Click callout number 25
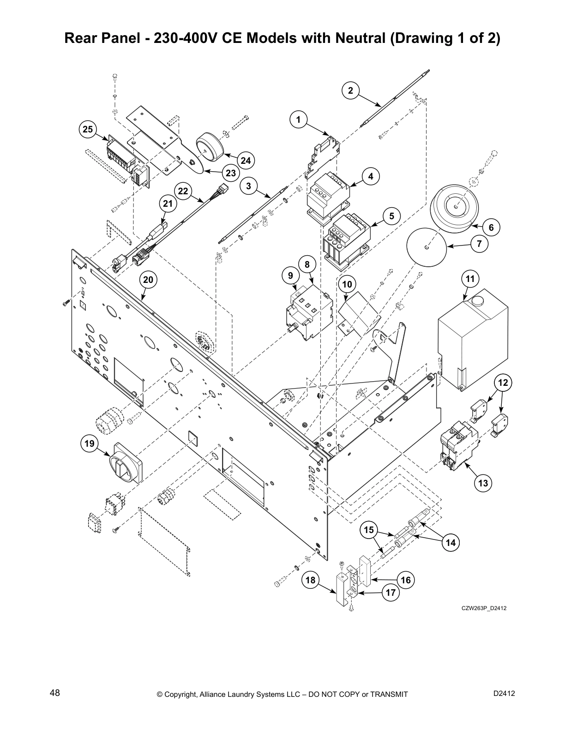(87, 130)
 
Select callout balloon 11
(470, 279)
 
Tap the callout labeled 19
(89, 444)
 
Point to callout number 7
(479, 244)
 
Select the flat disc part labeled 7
(427, 247)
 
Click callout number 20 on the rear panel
(148, 280)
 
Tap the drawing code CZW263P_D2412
(484, 608)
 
